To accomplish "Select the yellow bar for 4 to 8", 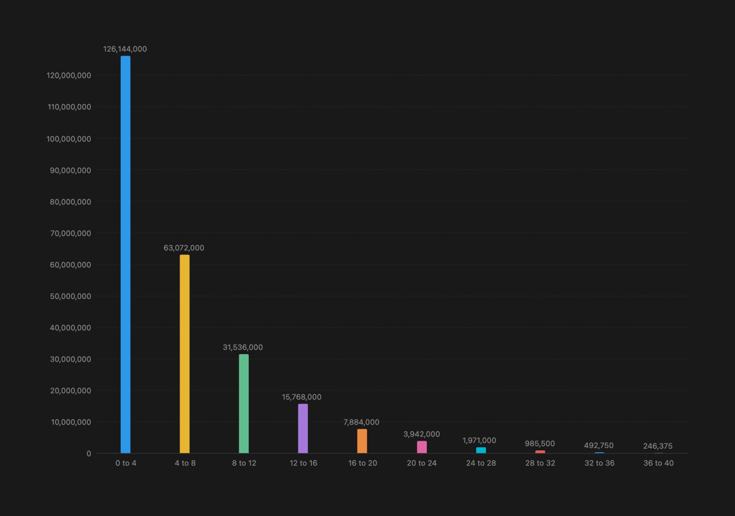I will pyautogui.click(x=184, y=353).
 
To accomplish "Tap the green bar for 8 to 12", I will pyautogui.click(x=243, y=403).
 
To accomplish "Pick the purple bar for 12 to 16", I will pyautogui.click(x=303, y=428).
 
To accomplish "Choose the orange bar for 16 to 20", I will pyautogui.click(x=362, y=441).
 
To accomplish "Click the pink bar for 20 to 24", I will pyautogui.click(x=422, y=447).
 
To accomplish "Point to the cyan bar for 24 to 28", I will pyautogui.click(x=481, y=450).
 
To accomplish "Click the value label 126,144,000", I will pyautogui.click(x=125, y=49).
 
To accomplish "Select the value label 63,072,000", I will pyautogui.click(x=184, y=248).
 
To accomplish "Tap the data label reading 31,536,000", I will pyautogui.click(x=243, y=347).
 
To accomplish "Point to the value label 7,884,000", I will pyautogui.click(x=361, y=422).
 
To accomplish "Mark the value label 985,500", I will pyautogui.click(x=539, y=443).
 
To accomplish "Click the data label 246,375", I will pyautogui.click(x=657, y=446).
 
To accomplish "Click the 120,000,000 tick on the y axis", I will pyautogui.click(x=69, y=75).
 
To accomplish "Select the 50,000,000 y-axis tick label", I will pyautogui.click(x=71, y=296).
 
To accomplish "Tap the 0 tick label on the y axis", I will pyautogui.click(x=88, y=454).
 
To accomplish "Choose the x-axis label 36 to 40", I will pyautogui.click(x=658, y=463).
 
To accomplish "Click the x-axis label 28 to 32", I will pyautogui.click(x=540, y=463).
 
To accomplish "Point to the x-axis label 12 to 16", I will pyautogui.click(x=303, y=463).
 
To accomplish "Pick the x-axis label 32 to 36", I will pyautogui.click(x=599, y=463).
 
